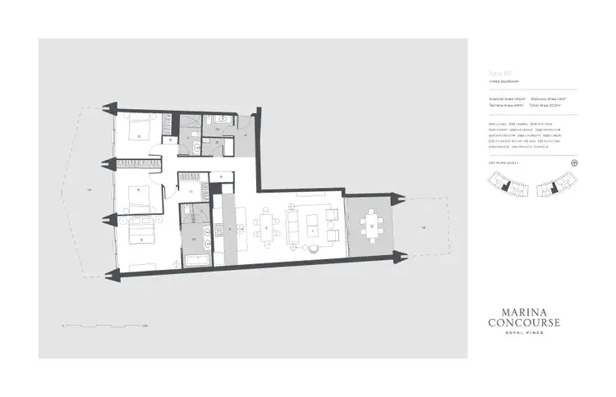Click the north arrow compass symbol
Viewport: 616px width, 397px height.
(574, 162)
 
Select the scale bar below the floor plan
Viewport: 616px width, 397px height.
(103, 326)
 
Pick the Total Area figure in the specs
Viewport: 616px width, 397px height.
(545, 106)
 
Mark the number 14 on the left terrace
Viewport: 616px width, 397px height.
(88, 190)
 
